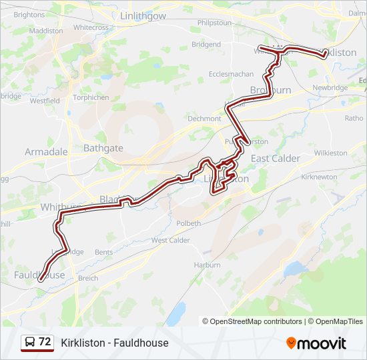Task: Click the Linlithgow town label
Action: pos(143,15)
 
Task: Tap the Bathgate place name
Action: pos(103,148)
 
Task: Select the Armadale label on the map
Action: pos(46,152)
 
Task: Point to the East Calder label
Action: pos(276,159)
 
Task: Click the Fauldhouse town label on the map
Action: pos(39,275)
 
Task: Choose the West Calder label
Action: pos(171,240)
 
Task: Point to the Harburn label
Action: pos(207,265)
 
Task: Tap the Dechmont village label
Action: pos(204,119)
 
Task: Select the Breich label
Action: pos(88,278)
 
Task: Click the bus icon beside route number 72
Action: pos(30,343)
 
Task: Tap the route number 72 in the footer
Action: pos(45,342)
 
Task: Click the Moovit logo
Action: pos(316,343)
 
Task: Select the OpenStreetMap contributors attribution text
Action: pos(256,321)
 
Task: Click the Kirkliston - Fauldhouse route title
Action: pos(115,343)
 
